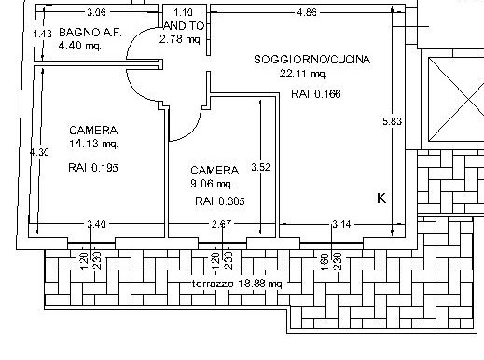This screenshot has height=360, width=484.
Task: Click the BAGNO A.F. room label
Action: (90, 33)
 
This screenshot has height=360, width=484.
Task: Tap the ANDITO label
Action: (184, 26)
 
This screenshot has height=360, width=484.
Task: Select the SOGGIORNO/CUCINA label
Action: (312, 60)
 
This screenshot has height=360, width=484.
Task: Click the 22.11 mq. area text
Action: (303, 74)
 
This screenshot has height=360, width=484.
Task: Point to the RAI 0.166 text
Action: (316, 93)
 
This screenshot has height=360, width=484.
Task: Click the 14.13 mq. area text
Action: (93, 144)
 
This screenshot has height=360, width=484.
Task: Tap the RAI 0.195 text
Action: (93, 168)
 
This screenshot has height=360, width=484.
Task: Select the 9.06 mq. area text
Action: (212, 184)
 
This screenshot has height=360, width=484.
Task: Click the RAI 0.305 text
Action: (220, 201)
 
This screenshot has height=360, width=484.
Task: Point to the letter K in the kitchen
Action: (381, 199)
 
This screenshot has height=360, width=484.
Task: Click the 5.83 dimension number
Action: (393, 121)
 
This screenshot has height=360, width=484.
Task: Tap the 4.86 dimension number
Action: (307, 12)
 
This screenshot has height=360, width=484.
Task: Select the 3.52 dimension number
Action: (260, 167)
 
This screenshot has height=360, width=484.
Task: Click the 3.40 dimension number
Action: (96, 224)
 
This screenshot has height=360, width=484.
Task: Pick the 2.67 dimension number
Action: (221, 224)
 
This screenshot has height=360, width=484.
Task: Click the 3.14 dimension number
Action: (341, 224)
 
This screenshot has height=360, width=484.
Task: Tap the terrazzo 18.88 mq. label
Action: (238, 284)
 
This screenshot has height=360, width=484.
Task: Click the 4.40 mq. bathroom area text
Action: (80, 46)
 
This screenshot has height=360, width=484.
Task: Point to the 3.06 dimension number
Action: (96, 12)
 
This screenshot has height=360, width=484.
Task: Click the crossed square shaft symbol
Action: (456, 100)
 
